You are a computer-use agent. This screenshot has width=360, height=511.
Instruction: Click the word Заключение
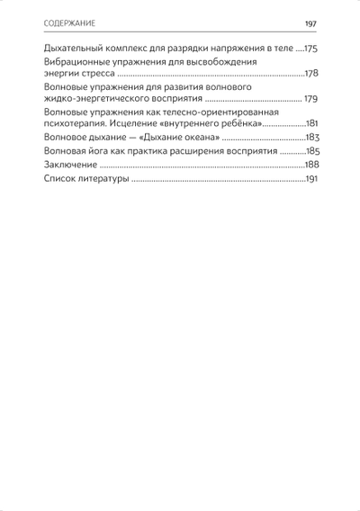(69, 167)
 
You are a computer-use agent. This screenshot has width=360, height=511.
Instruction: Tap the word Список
(58, 182)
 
